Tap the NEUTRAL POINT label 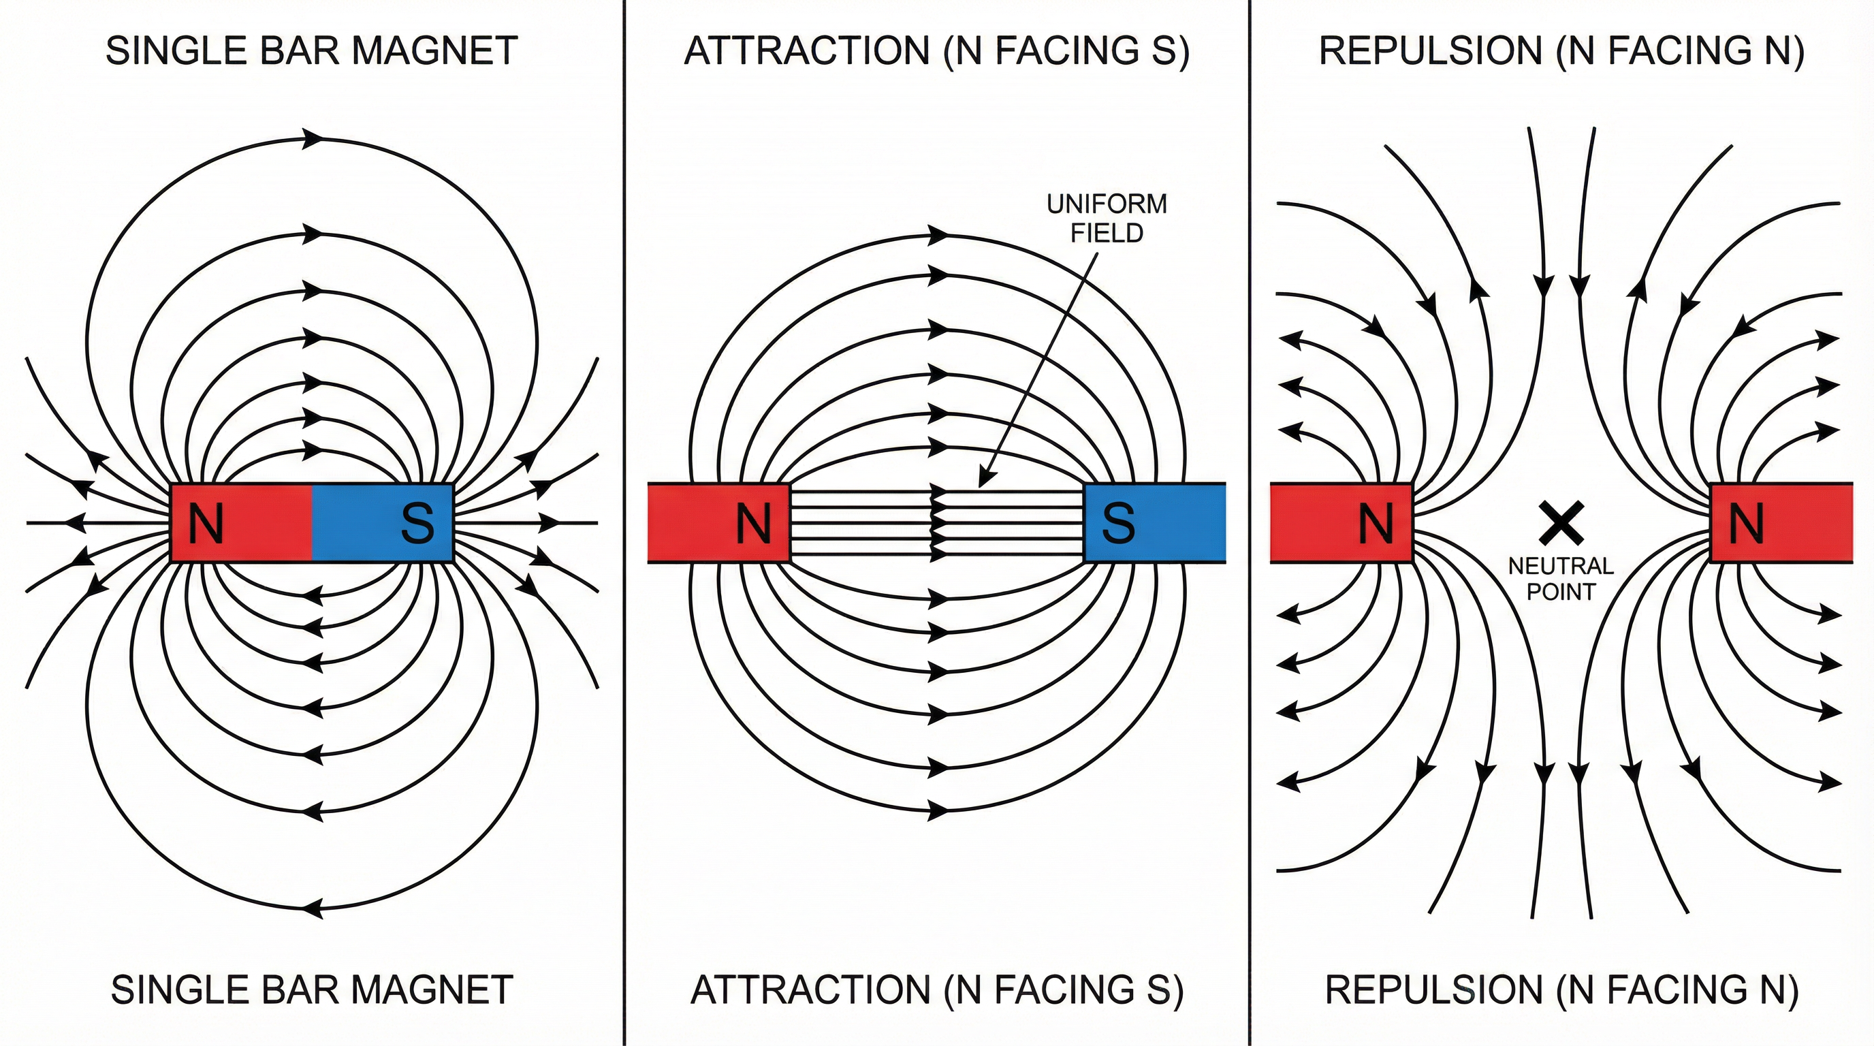coord(1561,578)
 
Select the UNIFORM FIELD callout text coord(1107,218)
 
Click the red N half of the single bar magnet coord(242,522)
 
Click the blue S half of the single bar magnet coord(383,522)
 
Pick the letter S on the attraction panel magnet coord(1118,523)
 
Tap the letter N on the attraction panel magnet coord(753,523)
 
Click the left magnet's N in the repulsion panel coord(1376,523)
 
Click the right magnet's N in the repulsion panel coord(1745,523)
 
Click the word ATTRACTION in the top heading coord(807,51)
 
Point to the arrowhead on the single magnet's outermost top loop coord(313,138)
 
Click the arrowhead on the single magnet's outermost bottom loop coord(312,908)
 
